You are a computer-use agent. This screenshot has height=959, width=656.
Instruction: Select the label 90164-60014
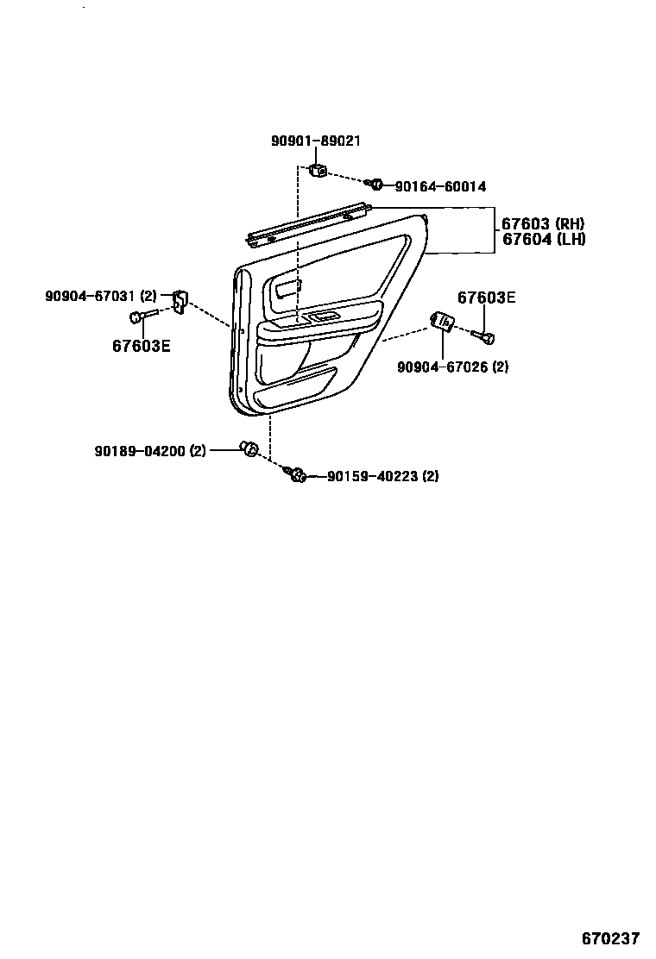[x=440, y=186]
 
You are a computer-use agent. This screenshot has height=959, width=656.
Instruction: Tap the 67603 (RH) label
[x=543, y=224]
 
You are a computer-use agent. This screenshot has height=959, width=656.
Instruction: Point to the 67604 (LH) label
[x=543, y=240]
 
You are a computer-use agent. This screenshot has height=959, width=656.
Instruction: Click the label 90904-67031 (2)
[x=101, y=296]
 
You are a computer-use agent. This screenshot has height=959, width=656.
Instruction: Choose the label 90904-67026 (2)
[x=452, y=367]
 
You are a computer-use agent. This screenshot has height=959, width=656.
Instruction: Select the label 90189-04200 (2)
[x=150, y=449]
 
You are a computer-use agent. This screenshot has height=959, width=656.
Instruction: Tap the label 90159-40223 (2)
[x=382, y=476]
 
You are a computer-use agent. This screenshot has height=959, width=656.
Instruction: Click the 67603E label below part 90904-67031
[x=141, y=346]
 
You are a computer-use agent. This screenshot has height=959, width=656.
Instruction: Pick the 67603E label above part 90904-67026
[x=486, y=298]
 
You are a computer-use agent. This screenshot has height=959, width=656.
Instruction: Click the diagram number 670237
[x=609, y=938]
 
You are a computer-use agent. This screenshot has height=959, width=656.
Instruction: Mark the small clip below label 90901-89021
[x=318, y=169]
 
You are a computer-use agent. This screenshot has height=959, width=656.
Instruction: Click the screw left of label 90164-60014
[x=374, y=184]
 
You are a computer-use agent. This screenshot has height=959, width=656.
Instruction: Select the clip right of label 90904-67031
[x=180, y=300]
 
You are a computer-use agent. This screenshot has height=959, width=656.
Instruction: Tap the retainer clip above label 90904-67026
[x=441, y=321]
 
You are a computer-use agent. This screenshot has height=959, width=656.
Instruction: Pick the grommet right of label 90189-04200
[x=250, y=448]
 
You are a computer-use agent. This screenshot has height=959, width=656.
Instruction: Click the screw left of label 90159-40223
[x=296, y=473]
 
